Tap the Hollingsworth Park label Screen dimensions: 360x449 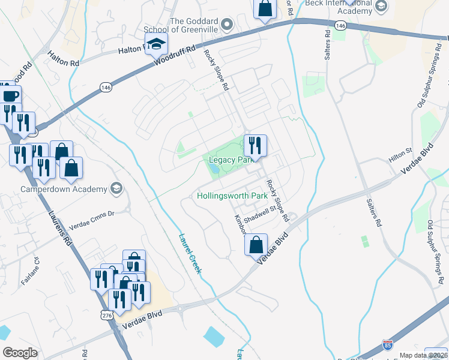[232, 196]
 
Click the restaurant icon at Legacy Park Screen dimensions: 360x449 [255, 146]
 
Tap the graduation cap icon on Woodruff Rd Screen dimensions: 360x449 [156, 44]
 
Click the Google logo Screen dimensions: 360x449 [20, 353]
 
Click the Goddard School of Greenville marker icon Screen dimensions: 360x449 [226, 25]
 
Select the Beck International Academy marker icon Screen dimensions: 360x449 [380, 7]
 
